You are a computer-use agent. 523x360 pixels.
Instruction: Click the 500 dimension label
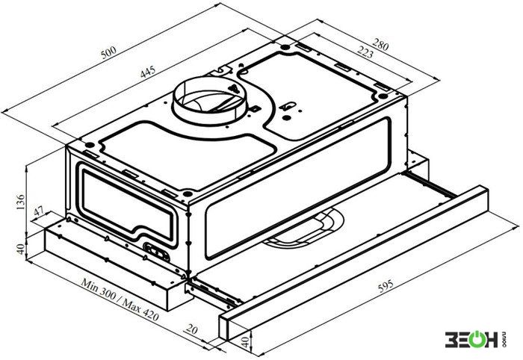click(x=108, y=53)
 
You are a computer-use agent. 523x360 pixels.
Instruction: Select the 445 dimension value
click(x=148, y=72)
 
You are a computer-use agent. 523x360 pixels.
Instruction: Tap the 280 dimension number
click(x=380, y=45)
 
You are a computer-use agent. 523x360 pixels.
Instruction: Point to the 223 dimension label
click(x=365, y=52)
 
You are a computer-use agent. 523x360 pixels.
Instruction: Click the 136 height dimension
click(x=20, y=202)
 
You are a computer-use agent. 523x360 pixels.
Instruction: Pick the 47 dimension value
click(x=39, y=211)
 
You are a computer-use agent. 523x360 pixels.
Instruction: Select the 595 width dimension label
click(x=386, y=286)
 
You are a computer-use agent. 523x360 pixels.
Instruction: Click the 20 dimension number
click(x=191, y=329)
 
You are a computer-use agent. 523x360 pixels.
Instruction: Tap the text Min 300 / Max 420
click(x=120, y=299)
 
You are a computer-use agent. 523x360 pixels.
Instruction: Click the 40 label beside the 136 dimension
click(x=21, y=249)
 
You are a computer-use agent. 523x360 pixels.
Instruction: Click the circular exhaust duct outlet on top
click(x=209, y=99)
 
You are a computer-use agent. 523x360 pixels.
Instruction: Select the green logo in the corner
click(x=474, y=339)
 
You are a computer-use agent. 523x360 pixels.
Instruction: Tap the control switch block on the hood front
click(x=156, y=252)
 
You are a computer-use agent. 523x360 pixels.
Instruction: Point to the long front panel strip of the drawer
click(x=353, y=263)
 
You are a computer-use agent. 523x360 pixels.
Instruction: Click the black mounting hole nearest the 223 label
click(x=383, y=96)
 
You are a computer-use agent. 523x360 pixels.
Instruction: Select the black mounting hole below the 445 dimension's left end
click(x=90, y=145)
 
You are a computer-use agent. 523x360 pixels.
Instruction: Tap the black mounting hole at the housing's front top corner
click(x=188, y=193)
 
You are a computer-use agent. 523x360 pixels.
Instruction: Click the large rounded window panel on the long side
click(x=297, y=188)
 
